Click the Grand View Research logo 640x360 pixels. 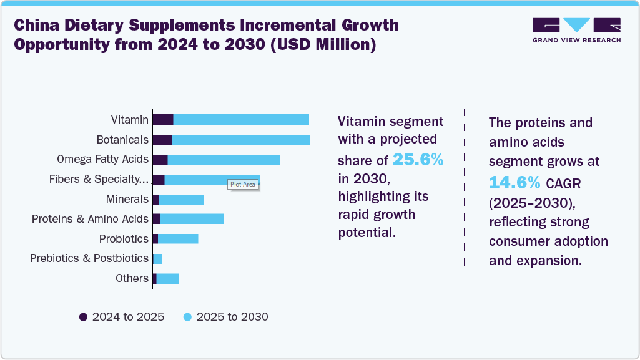(x=576, y=30)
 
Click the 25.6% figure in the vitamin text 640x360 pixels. (x=418, y=160)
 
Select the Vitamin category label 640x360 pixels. (x=130, y=120)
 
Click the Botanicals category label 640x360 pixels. (x=122, y=140)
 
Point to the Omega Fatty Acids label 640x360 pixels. (x=102, y=159)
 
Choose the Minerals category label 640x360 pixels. (x=127, y=199)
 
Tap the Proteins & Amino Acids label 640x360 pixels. (x=90, y=219)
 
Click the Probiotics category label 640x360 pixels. (x=124, y=239)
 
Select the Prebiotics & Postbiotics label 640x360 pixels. (x=89, y=258)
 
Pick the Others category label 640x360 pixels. (x=132, y=278)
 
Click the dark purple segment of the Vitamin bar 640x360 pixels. (x=163, y=120)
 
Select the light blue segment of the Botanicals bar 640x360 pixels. (x=240, y=140)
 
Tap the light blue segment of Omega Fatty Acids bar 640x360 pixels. (x=224, y=160)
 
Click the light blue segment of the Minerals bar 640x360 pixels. (x=181, y=199)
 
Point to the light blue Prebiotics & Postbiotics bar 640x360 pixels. (x=157, y=259)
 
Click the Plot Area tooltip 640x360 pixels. (x=243, y=184)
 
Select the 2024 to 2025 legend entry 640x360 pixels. (x=122, y=317)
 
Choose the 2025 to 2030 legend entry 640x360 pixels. (x=225, y=317)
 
